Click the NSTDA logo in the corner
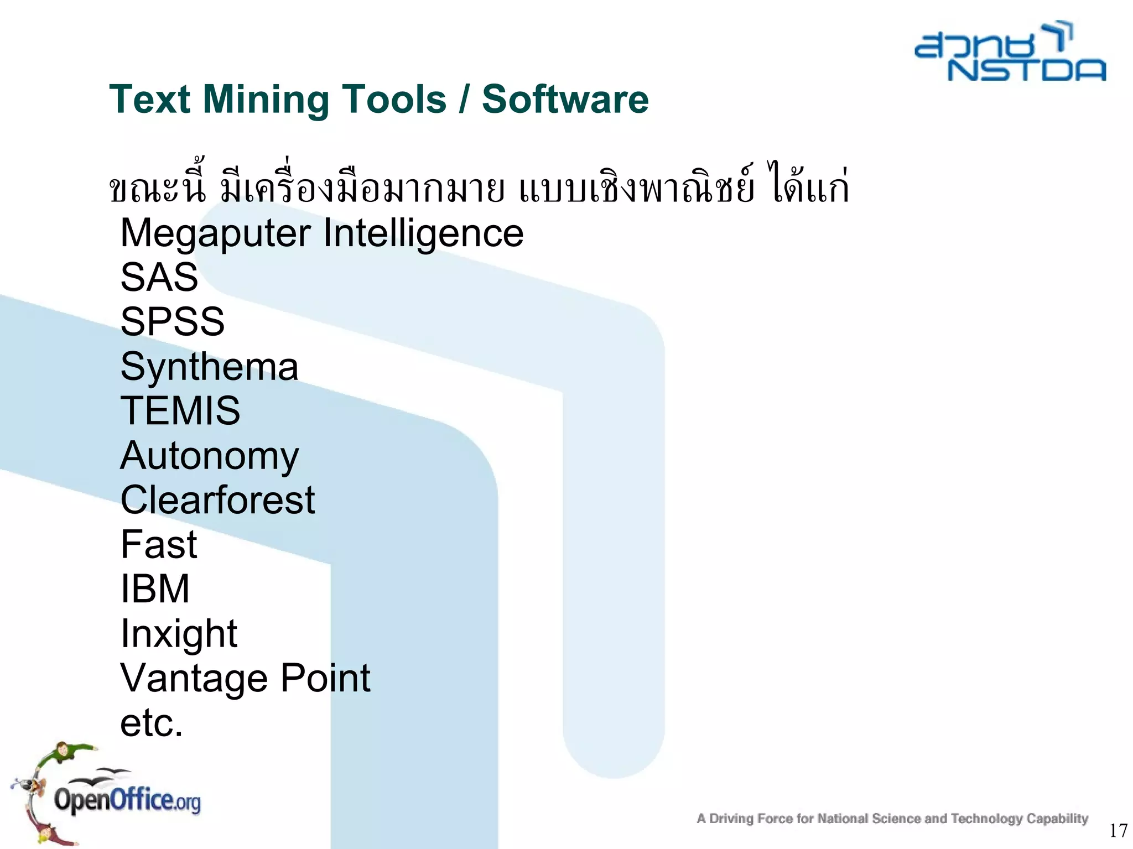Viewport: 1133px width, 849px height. point(1010,53)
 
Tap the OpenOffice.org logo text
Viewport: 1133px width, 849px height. point(127,800)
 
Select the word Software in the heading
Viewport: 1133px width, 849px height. point(565,99)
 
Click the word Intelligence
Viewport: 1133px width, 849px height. point(423,233)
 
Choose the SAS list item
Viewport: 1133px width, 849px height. point(159,277)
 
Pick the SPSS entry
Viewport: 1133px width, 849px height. point(173,321)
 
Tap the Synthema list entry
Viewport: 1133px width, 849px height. point(209,367)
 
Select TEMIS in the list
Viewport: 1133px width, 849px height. point(180,410)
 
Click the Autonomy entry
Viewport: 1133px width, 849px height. point(209,456)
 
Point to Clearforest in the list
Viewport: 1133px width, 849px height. point(217,500)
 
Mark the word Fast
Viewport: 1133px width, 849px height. point(159,544)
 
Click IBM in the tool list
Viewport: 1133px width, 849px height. point(155,588)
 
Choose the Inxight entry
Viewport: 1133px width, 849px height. point(179,634)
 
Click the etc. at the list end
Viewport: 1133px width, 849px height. point(152,723)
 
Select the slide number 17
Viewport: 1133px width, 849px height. point(1118,830)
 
